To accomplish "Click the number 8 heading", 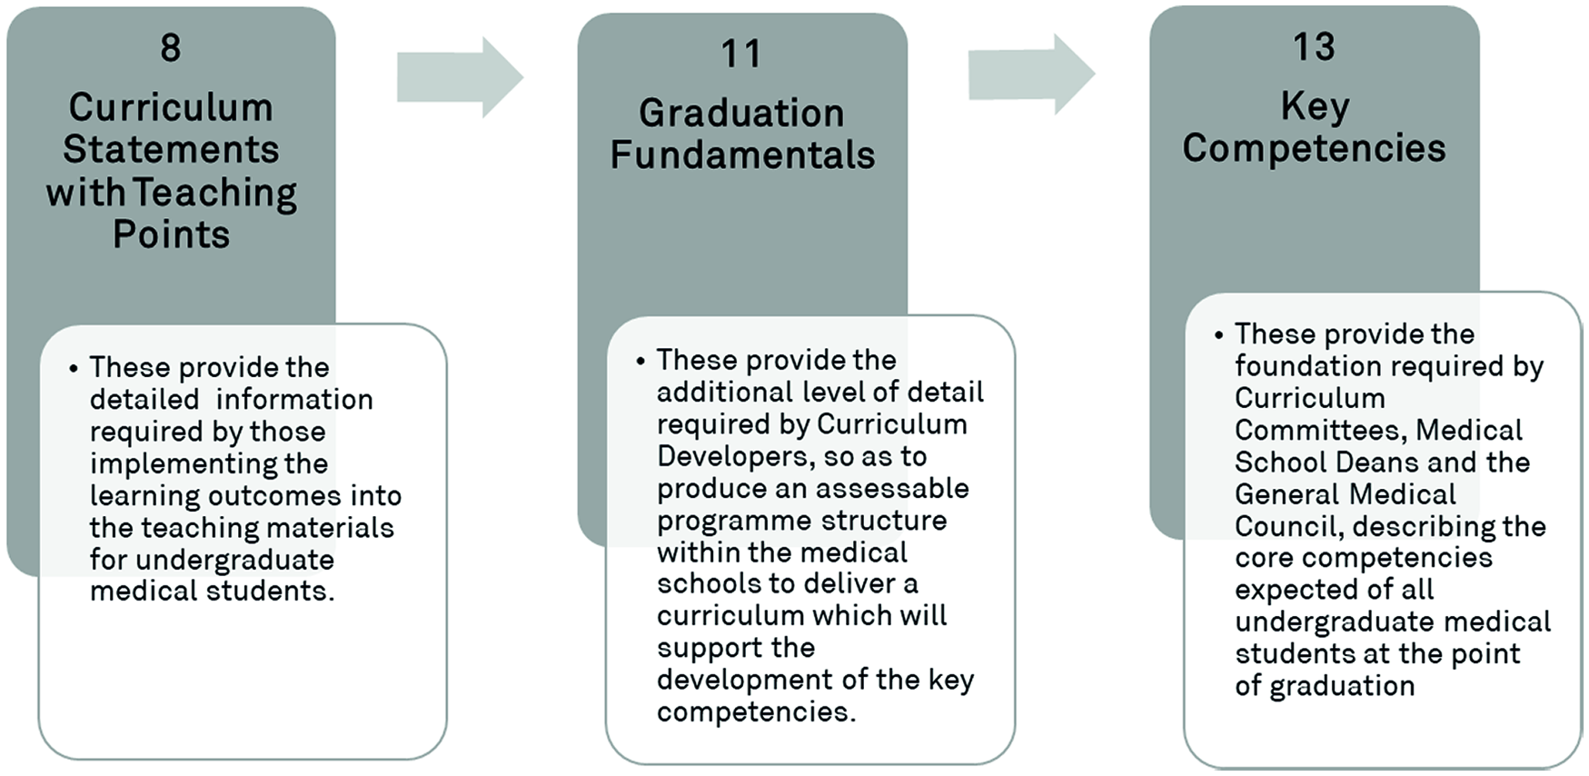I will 171,47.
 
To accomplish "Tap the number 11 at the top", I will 740,54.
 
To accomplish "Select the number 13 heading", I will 1314,46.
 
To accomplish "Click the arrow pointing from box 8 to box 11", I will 460,77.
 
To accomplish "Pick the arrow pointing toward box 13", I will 1031,75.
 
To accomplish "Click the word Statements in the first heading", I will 171,150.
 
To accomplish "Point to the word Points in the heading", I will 171,235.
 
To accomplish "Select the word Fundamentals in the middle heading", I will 742,155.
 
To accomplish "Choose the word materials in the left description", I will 331,528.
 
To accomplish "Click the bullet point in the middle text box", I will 641,362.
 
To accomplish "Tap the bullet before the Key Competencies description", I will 1218,335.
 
